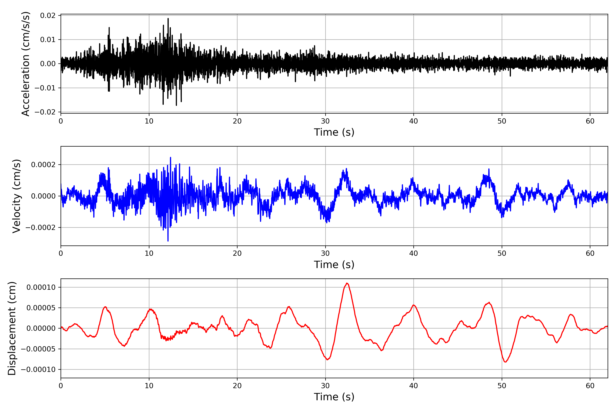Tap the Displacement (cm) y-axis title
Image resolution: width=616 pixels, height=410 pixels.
[x=12, y=328]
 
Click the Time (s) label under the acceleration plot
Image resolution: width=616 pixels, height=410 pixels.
[x=334, y=132]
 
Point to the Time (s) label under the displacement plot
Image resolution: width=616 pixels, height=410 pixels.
[x=334, y=397]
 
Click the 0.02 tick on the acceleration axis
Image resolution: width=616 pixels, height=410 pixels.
[x=48, y=16]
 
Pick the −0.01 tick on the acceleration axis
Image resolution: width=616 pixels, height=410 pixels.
[x=45, y=88]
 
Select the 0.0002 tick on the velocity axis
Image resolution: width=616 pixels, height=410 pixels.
[x=43, y=165]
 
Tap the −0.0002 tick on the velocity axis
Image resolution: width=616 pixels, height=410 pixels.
[x=41, y=228]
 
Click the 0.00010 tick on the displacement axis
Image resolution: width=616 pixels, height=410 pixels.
[x=41, y=287]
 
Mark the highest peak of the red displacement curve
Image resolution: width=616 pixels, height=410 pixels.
[x=347, y=283]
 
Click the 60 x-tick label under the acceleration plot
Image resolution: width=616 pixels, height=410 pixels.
[x=590, y=121]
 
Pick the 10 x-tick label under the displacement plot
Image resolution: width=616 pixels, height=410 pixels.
[x=149, y=386]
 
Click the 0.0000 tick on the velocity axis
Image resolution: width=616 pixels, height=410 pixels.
[x=43, y=196]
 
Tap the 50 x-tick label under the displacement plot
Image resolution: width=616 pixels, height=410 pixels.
[x=502, y=386]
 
